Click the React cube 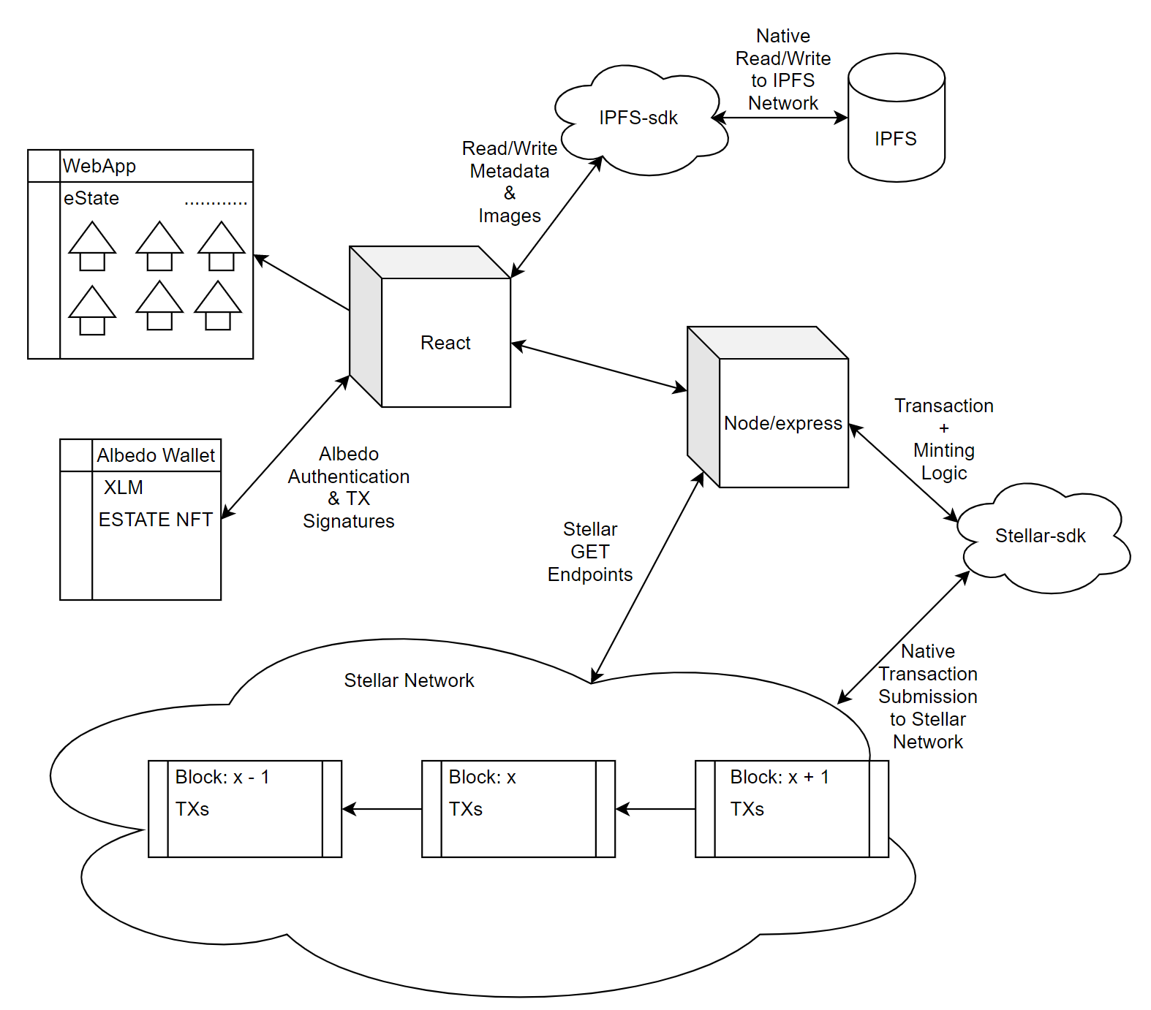click(445, 342)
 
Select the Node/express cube click(782, 422)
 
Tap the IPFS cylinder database click(896, 128)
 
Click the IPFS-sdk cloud click(638, 118)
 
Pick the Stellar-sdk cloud click(1040, 536)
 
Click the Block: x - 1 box click(244, 808)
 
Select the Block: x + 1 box click(791, 808)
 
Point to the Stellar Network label click(409, 680)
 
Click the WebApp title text click(99, 166)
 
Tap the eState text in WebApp click(91, 198)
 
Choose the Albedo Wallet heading click(156, 455)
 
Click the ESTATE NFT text click(155, 520)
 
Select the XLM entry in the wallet click(124, 487)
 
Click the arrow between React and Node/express click(599, 367)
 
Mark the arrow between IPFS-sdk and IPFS click(780, 118)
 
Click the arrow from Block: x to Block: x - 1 click(382, 809)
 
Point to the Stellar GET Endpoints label click(590, 552)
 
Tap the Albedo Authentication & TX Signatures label click(349, 487)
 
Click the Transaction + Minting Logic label click(943, 439)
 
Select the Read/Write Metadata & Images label click(510, 182)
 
